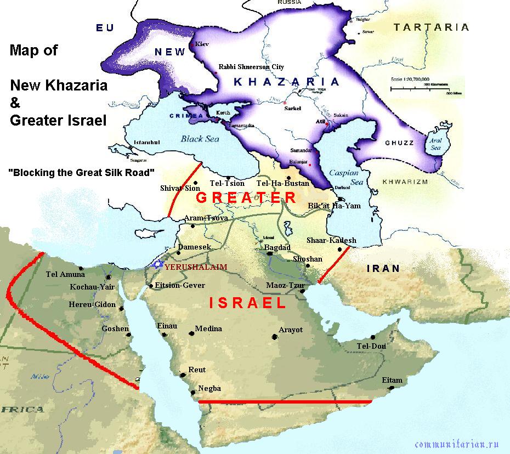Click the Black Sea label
point(200,139)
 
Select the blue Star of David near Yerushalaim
point(158,265)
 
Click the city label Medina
point(208,328)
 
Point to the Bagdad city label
point(277,248)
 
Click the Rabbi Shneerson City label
point(251,67)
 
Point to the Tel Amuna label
point(65,275)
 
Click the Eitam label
point(392,380)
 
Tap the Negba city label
point(209,388)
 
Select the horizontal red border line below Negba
point(285,402)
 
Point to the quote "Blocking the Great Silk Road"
point(82,172)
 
